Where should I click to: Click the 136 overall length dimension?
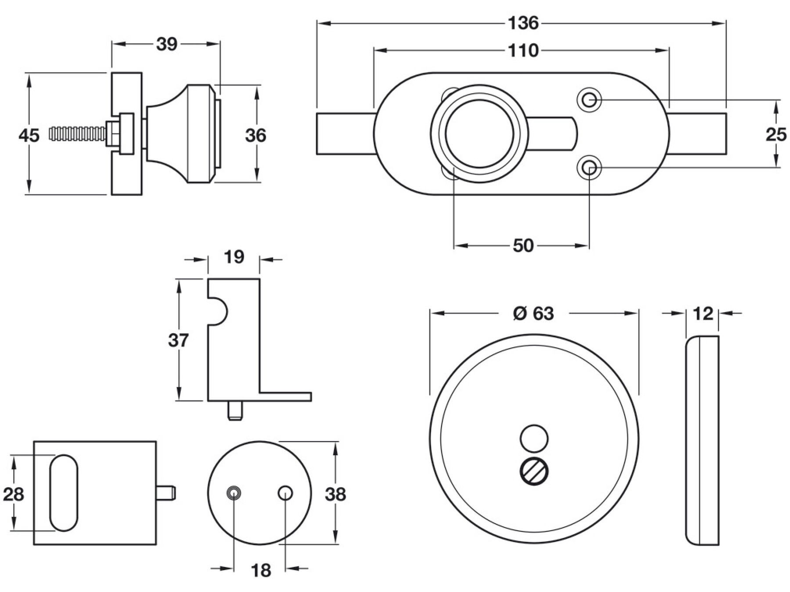coord(523,23)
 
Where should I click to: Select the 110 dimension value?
coord(523,51)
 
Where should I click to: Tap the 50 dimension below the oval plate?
coord(523,246)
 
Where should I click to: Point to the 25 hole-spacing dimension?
coord(776,134)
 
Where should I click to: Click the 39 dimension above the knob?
coord(166,44)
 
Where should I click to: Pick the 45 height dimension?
coord(29,135)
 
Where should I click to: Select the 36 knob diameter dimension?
coord(255,135)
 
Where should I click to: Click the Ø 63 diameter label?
coord(533,314)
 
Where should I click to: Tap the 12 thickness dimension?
coord(703,314)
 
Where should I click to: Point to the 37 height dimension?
coord(178,340)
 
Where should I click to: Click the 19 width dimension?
coord(233,257)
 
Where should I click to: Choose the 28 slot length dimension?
coord(13,494)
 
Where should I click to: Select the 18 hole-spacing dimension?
coord(261,571)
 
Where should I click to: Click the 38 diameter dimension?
coord(335,494)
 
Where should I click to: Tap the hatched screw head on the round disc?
coord(534,472)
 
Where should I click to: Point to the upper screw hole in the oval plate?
coord(589,100)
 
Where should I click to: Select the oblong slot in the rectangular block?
coord(64,493)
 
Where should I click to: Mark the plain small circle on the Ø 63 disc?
coord(534,438)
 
